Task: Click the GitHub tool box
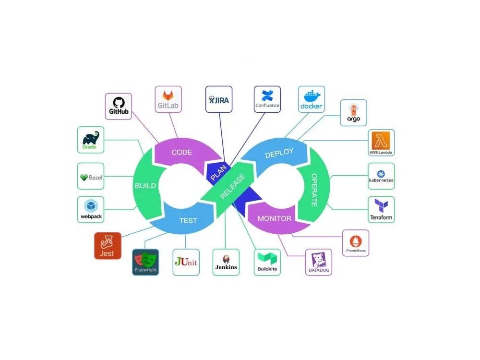(119, 106)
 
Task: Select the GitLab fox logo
(168, 96)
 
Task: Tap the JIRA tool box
(219, 99)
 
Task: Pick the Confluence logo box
(267, 99)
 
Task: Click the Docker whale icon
(312, 96)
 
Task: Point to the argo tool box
(354, 113)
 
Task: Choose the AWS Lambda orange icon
(381, 141)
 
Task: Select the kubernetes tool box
(381, 176)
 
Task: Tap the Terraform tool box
(381, 210)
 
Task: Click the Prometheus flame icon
(355, 241)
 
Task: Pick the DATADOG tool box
(319, 262)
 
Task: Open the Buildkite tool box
(267, 262)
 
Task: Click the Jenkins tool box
(226, 262)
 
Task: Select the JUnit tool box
(186, 262)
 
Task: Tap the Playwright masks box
(145, 262)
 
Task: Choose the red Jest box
(108, 246)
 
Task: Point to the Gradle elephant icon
(91, 138)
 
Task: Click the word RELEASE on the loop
(233, 186)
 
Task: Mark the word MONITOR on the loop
(274, 218)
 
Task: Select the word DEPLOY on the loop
(279, 153)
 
